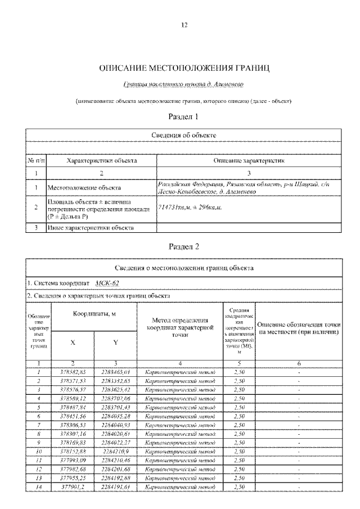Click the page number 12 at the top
point(184,25)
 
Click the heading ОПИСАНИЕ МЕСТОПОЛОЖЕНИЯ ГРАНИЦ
point(184,69)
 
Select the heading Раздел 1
point(184,117)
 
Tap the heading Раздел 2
point(184,246)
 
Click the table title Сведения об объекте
point(184,136)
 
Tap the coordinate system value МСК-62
point(107,283)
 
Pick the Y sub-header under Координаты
point(116,343)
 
